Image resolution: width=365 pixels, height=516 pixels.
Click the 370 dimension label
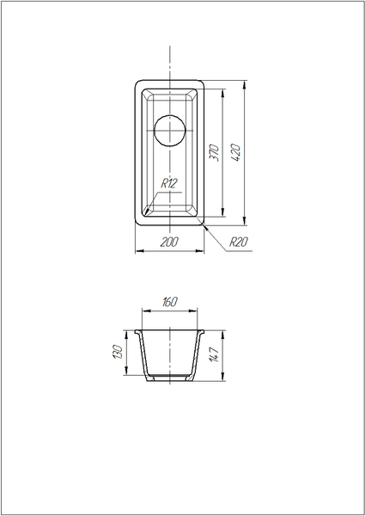pos(215,152)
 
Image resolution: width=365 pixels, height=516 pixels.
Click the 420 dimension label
pos(236,152)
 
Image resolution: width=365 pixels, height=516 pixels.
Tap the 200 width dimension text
pos(169,242)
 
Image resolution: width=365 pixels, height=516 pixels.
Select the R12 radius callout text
pos(169,183)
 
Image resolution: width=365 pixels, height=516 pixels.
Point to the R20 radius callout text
pos(239,242)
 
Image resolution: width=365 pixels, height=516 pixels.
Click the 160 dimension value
pos(170,302)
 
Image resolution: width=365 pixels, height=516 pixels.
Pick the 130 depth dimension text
pos(118,352)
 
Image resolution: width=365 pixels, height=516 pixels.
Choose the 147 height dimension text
pos(214,354)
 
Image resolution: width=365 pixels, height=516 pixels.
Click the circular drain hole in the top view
pos(170,131)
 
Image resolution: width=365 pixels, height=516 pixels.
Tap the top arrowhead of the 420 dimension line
pos(245,85)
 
